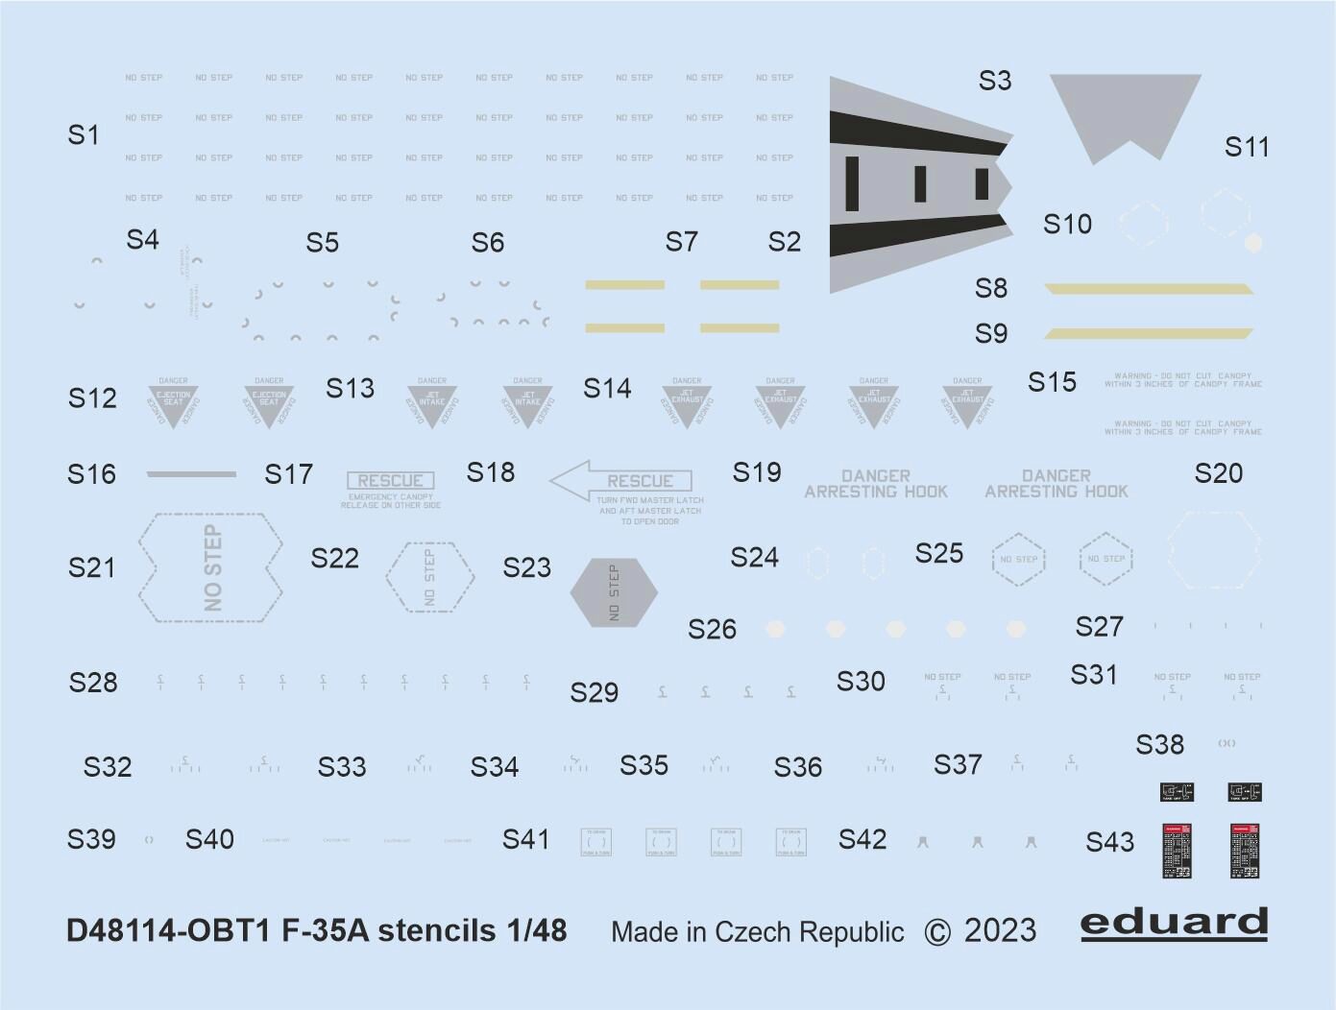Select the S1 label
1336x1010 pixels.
pos(84,135)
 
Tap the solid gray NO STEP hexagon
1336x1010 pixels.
pos(614,592)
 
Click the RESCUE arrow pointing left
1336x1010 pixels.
pos(621,481)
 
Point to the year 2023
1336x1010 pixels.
pos(1000,931)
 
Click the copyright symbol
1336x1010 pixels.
pos(937,932)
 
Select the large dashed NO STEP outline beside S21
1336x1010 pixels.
pos(211,567)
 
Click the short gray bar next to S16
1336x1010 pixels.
pos(191,474)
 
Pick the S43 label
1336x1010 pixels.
pos(1109,843)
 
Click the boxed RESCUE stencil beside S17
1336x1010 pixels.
pos(390,481)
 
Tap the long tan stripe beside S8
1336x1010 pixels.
pos(1149,289)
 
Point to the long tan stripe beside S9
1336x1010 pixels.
pos(1149,333)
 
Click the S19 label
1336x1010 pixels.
pos(757,472)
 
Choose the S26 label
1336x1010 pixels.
pos(712,630)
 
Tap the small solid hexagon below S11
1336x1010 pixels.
pos(1253,243)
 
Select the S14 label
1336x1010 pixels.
pos(607,389)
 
